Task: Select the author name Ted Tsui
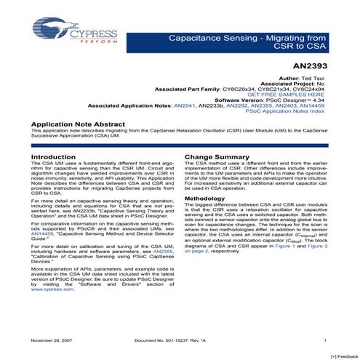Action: click(320, 76)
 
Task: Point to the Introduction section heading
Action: click(52, 157)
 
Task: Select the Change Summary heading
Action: click(217, 157)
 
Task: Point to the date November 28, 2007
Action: click(48, 340)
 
